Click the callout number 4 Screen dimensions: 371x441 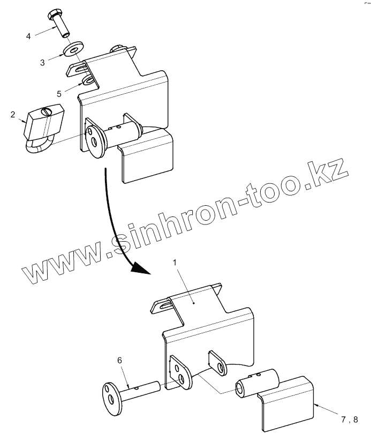coord(28,36)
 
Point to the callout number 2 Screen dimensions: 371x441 coord(12,115)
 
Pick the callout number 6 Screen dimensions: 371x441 coord(119,361)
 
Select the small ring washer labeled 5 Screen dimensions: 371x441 coord(88,81)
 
